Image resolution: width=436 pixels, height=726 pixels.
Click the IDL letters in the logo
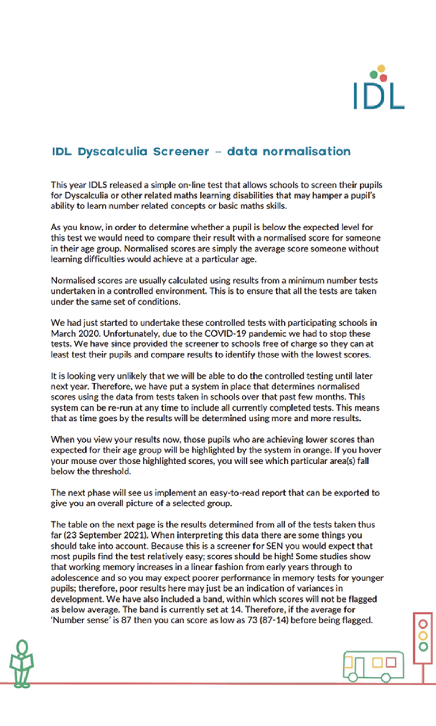378,96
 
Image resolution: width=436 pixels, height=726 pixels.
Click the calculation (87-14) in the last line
282,620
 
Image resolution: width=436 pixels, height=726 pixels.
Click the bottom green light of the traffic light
422,646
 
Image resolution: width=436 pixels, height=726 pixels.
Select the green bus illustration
373,665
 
